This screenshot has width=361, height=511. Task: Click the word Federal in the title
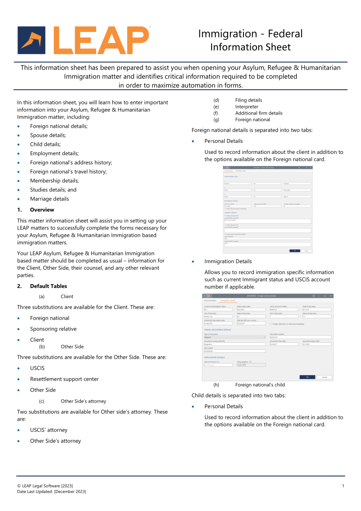pyautogui.click(x=285, y=34)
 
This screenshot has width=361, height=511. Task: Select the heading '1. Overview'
pyautogui.click(x=42, y=210)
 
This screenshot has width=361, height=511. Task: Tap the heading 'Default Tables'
pyautogui.click(x=49, y=286)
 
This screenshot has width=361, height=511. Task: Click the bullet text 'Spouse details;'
pyautogui.click(x=48, y=136)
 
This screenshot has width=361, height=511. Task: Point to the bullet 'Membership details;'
pyautogui.click(x=54, y=181)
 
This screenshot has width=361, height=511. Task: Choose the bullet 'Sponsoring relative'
pyautogui.click(x=53, y=329)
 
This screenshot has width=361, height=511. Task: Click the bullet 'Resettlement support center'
pyautogui.click(x=64, y=379)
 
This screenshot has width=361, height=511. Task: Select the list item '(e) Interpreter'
pyautogui.click(x=246, y=107)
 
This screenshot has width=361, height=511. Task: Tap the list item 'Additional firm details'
pyautogui.click(x=259, y=113)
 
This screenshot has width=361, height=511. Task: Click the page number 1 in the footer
pyautogui.click(x=343, y=486)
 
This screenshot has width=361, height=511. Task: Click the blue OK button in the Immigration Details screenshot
pyautogui.click(x=307, y=377)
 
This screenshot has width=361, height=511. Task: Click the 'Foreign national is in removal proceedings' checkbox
pyautogui.click(x=271, y=324)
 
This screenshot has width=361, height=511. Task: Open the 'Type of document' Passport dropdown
pyautogui.click(x=235, y=337)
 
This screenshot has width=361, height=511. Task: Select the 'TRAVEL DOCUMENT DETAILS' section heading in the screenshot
pyautogui.click(x=218, y=330)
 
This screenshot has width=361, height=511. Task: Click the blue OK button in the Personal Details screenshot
pyautogui.click(x=295, y=250)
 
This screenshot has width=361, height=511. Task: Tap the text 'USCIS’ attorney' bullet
pyautogui.click(x=49, y=430)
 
